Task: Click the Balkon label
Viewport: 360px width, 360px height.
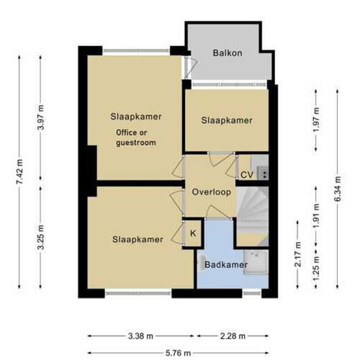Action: [x=228, y=53]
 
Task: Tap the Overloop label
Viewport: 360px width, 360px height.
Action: [x=212, y=192]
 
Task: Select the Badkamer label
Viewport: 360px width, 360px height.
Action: [x=226, y=265]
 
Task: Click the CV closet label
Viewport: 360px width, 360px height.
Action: [x=247, y=175]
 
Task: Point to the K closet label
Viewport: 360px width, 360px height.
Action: [x=193, y=233]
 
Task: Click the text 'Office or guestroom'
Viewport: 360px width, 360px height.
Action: [x=136, y=138]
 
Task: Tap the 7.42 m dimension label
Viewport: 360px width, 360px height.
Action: [x=19, y=171]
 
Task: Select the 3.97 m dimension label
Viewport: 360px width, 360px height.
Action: [x=40, y=117]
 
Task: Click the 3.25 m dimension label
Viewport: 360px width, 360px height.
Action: [x=40, y=237]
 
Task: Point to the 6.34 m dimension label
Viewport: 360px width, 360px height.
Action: [x=338, y=189]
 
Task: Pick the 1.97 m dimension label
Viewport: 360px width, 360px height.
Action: [x=316, y=120]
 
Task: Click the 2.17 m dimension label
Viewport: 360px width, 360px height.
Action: [x=298, y=254]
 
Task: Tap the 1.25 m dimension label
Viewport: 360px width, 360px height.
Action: [x=316, y=269]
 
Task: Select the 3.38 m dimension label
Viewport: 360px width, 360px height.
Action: [x=140, y=336]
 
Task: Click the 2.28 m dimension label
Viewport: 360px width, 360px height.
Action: [x=233, y=336]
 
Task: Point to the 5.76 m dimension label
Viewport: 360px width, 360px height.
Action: [x=178, y=353]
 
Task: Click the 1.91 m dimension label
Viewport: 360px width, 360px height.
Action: [x=316, y=216]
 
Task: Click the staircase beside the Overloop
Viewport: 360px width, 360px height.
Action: [x=253, y=217]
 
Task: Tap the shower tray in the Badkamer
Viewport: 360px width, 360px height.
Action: [x=256, y=262]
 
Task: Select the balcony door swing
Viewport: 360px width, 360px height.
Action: [x=192, y=68]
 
